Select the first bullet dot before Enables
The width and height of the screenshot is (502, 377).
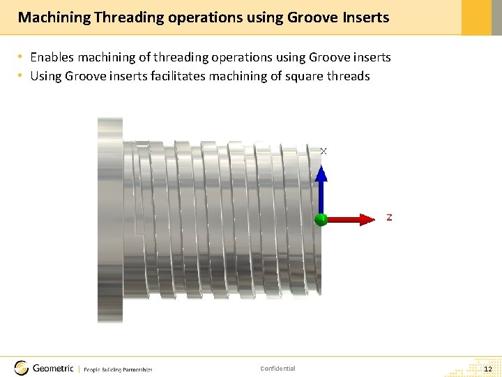coord(22,57)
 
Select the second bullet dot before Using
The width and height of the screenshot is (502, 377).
coord(22,76)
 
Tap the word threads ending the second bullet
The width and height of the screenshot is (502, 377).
coord(347,76)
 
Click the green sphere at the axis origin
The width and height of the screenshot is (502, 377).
coord(321,219)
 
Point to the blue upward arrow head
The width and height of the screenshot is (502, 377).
coord(321,173)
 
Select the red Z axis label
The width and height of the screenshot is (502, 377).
coord(389,218)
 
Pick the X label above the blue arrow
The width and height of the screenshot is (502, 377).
coord(324,151)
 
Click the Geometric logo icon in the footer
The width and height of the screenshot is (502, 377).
coord(22,368)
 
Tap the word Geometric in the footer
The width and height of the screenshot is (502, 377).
coord(54,368)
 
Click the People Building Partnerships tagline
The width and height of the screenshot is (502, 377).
coord(118,369)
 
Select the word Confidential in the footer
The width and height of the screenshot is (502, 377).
coord(277,369)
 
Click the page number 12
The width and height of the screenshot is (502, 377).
coord(488,369)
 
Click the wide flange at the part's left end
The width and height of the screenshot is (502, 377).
coord(109,220)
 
